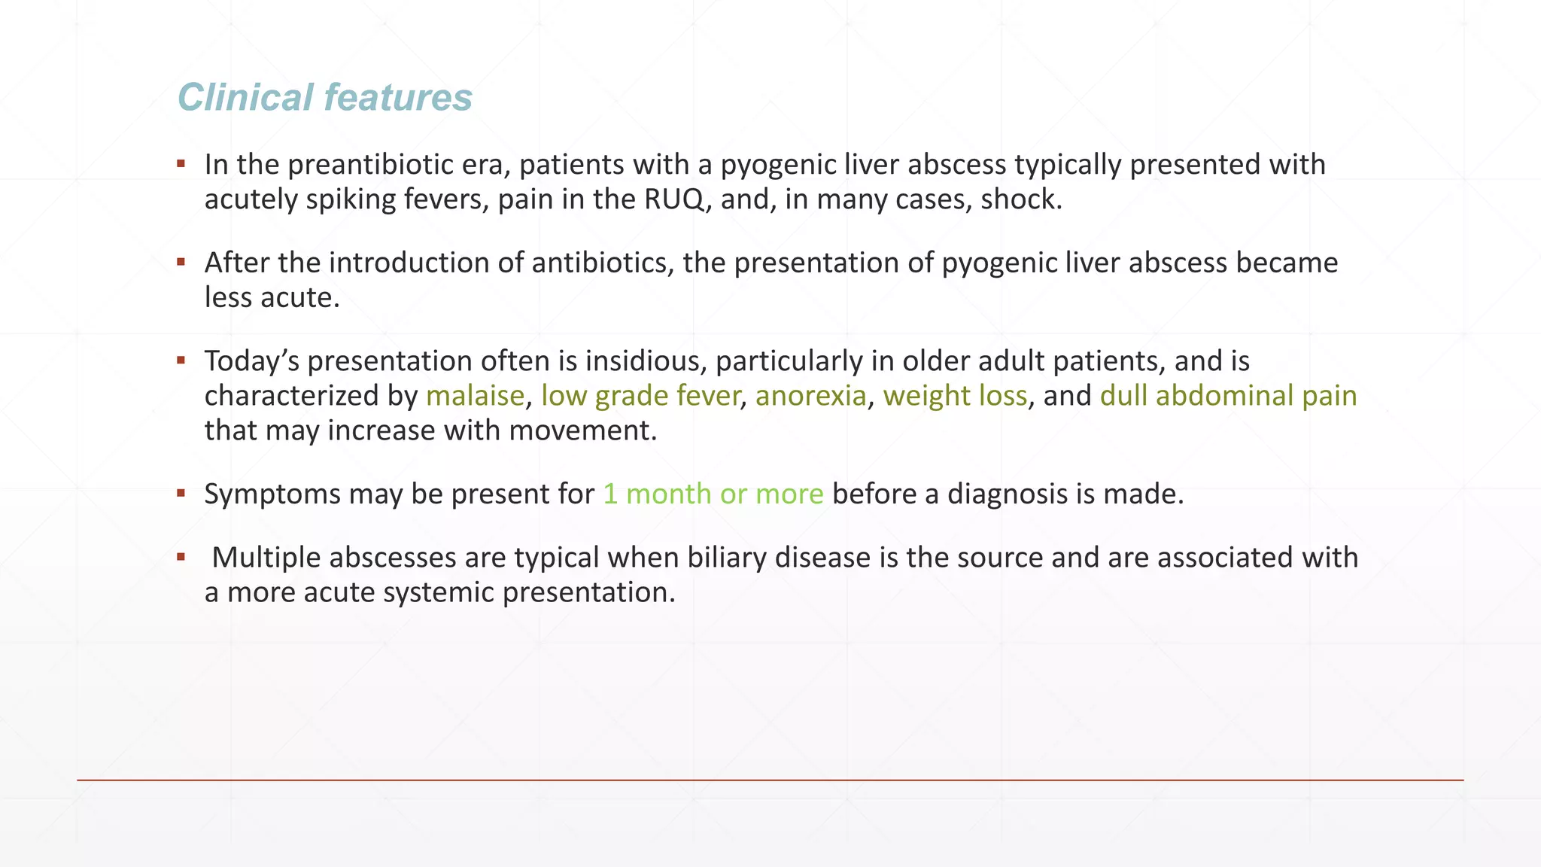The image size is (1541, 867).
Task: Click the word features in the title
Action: (398, 98)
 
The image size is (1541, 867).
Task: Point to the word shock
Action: (1020, 199)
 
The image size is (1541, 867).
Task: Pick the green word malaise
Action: (475, 396)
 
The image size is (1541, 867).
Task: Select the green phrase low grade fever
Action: (640, 396)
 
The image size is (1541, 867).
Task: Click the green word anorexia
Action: (810, 396)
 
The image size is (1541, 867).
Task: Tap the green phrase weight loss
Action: (954, 396)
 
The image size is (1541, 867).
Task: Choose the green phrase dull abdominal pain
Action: (1228, 396)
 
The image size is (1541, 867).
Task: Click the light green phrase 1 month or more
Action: (713, 494)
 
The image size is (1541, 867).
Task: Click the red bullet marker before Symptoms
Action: (181, 494)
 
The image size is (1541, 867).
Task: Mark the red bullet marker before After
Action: (181, 263)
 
